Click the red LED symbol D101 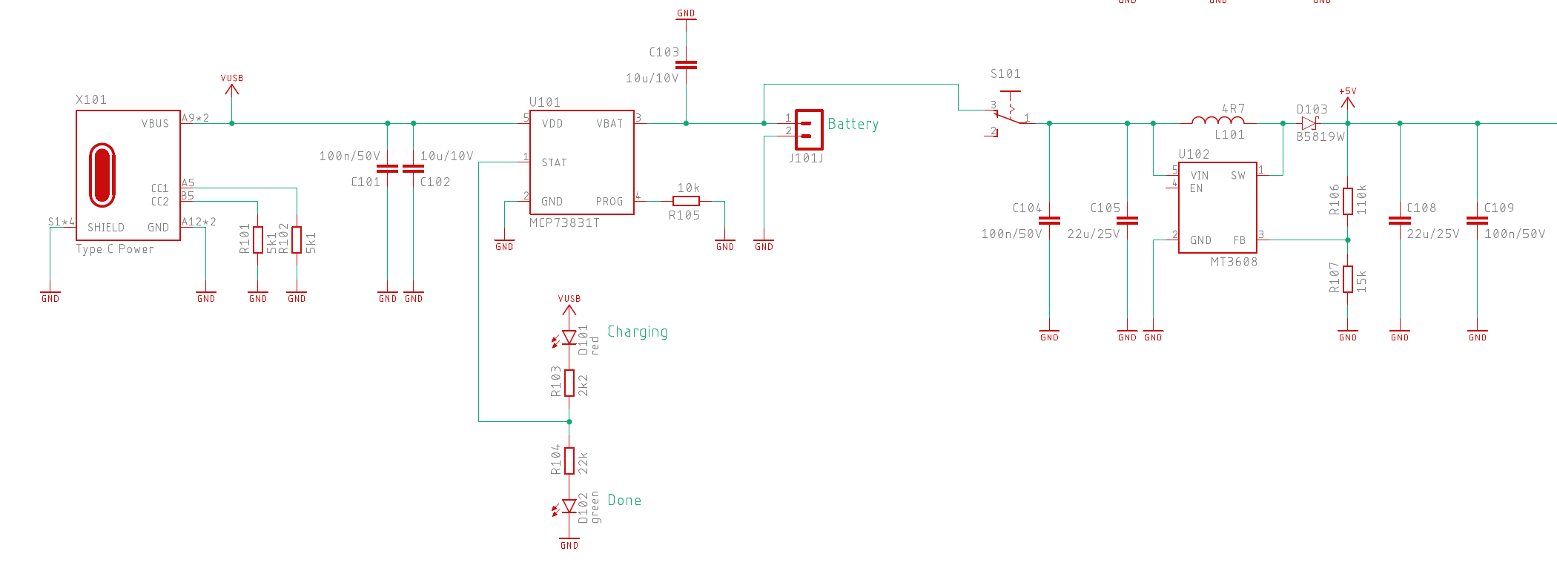[569, 337]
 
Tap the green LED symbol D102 [569, 507]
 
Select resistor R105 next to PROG [686, 201]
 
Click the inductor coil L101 [1217, 120]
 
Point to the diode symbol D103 [1309, 124]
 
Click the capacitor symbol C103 [686, 65]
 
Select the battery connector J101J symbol [809, 129]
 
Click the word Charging [638, 332]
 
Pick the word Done [624, 501]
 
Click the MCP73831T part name [564, 222]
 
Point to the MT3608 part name [1234, 262]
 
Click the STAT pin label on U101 [554, 162]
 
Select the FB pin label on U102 [1239, 240]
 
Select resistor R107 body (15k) [1348, 279]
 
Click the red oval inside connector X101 [102, 175]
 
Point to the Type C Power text [115, 249]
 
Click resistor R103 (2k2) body [569, 383]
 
